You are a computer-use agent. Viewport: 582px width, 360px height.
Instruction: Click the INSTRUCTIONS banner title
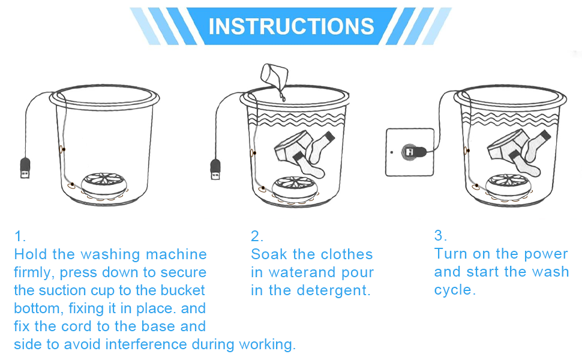[x=291, y=26]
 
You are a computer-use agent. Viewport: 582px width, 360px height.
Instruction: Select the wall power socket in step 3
[x=410, y=152]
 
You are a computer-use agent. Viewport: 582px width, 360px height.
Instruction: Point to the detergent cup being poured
[x=271, y=76]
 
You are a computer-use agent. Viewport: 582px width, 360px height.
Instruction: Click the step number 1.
[x=20, y=236]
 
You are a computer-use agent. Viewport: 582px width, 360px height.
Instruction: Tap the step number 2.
[x=257, y=236]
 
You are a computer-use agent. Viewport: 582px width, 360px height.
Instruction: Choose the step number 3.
[x=440, y=235]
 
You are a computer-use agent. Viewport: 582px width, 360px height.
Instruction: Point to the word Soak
[x=267, y=254]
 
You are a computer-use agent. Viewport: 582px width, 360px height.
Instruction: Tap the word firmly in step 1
[x=35, y=272]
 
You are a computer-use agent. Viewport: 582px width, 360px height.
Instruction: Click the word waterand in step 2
[x=301, y=272]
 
